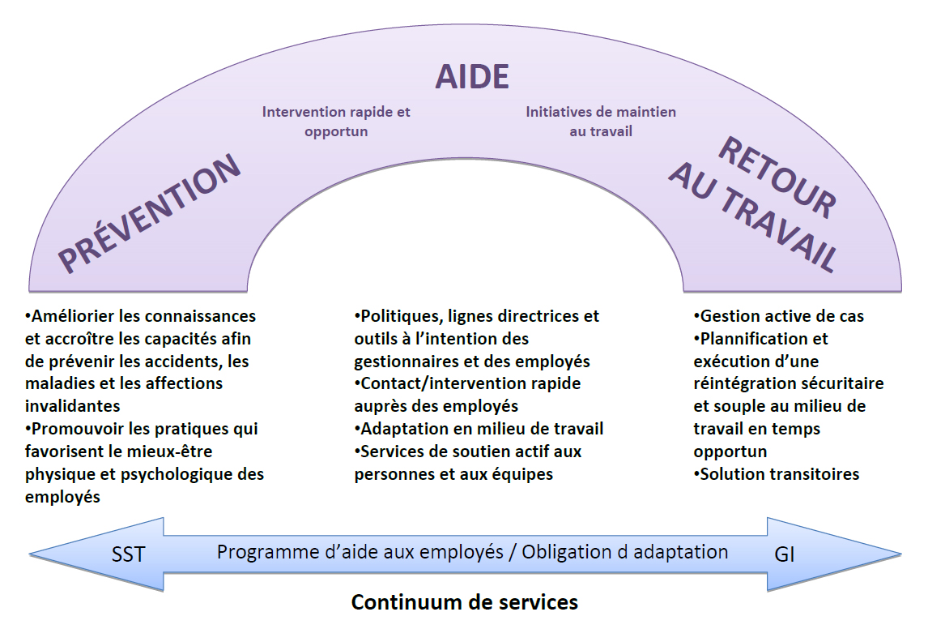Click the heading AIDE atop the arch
point(472,76)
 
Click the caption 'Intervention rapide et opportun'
point(336,121)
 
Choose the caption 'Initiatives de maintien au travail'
point(600,121)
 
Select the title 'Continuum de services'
point(464,602)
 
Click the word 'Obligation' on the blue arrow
point(563,553)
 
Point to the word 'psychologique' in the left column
point(171,474)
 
